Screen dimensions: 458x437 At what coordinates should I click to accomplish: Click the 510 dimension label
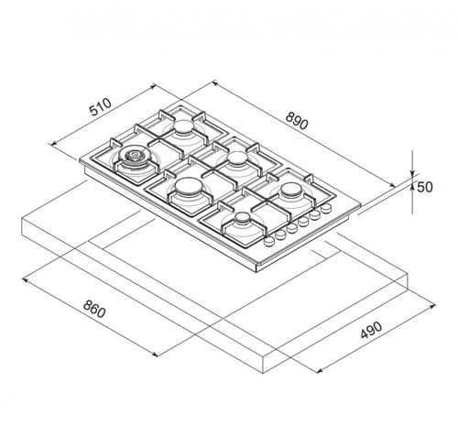pos(101,107)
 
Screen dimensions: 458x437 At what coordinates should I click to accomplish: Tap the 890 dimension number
pos(297,121)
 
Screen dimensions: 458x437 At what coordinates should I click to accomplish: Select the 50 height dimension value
pos(425,187)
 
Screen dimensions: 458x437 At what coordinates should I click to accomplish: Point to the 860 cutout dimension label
pos(94,309)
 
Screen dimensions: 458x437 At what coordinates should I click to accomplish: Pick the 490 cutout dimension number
pos(371,330)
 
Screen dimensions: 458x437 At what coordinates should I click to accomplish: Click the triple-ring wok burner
pos(134,156)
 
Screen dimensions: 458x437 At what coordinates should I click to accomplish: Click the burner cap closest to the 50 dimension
pos(290,190)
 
